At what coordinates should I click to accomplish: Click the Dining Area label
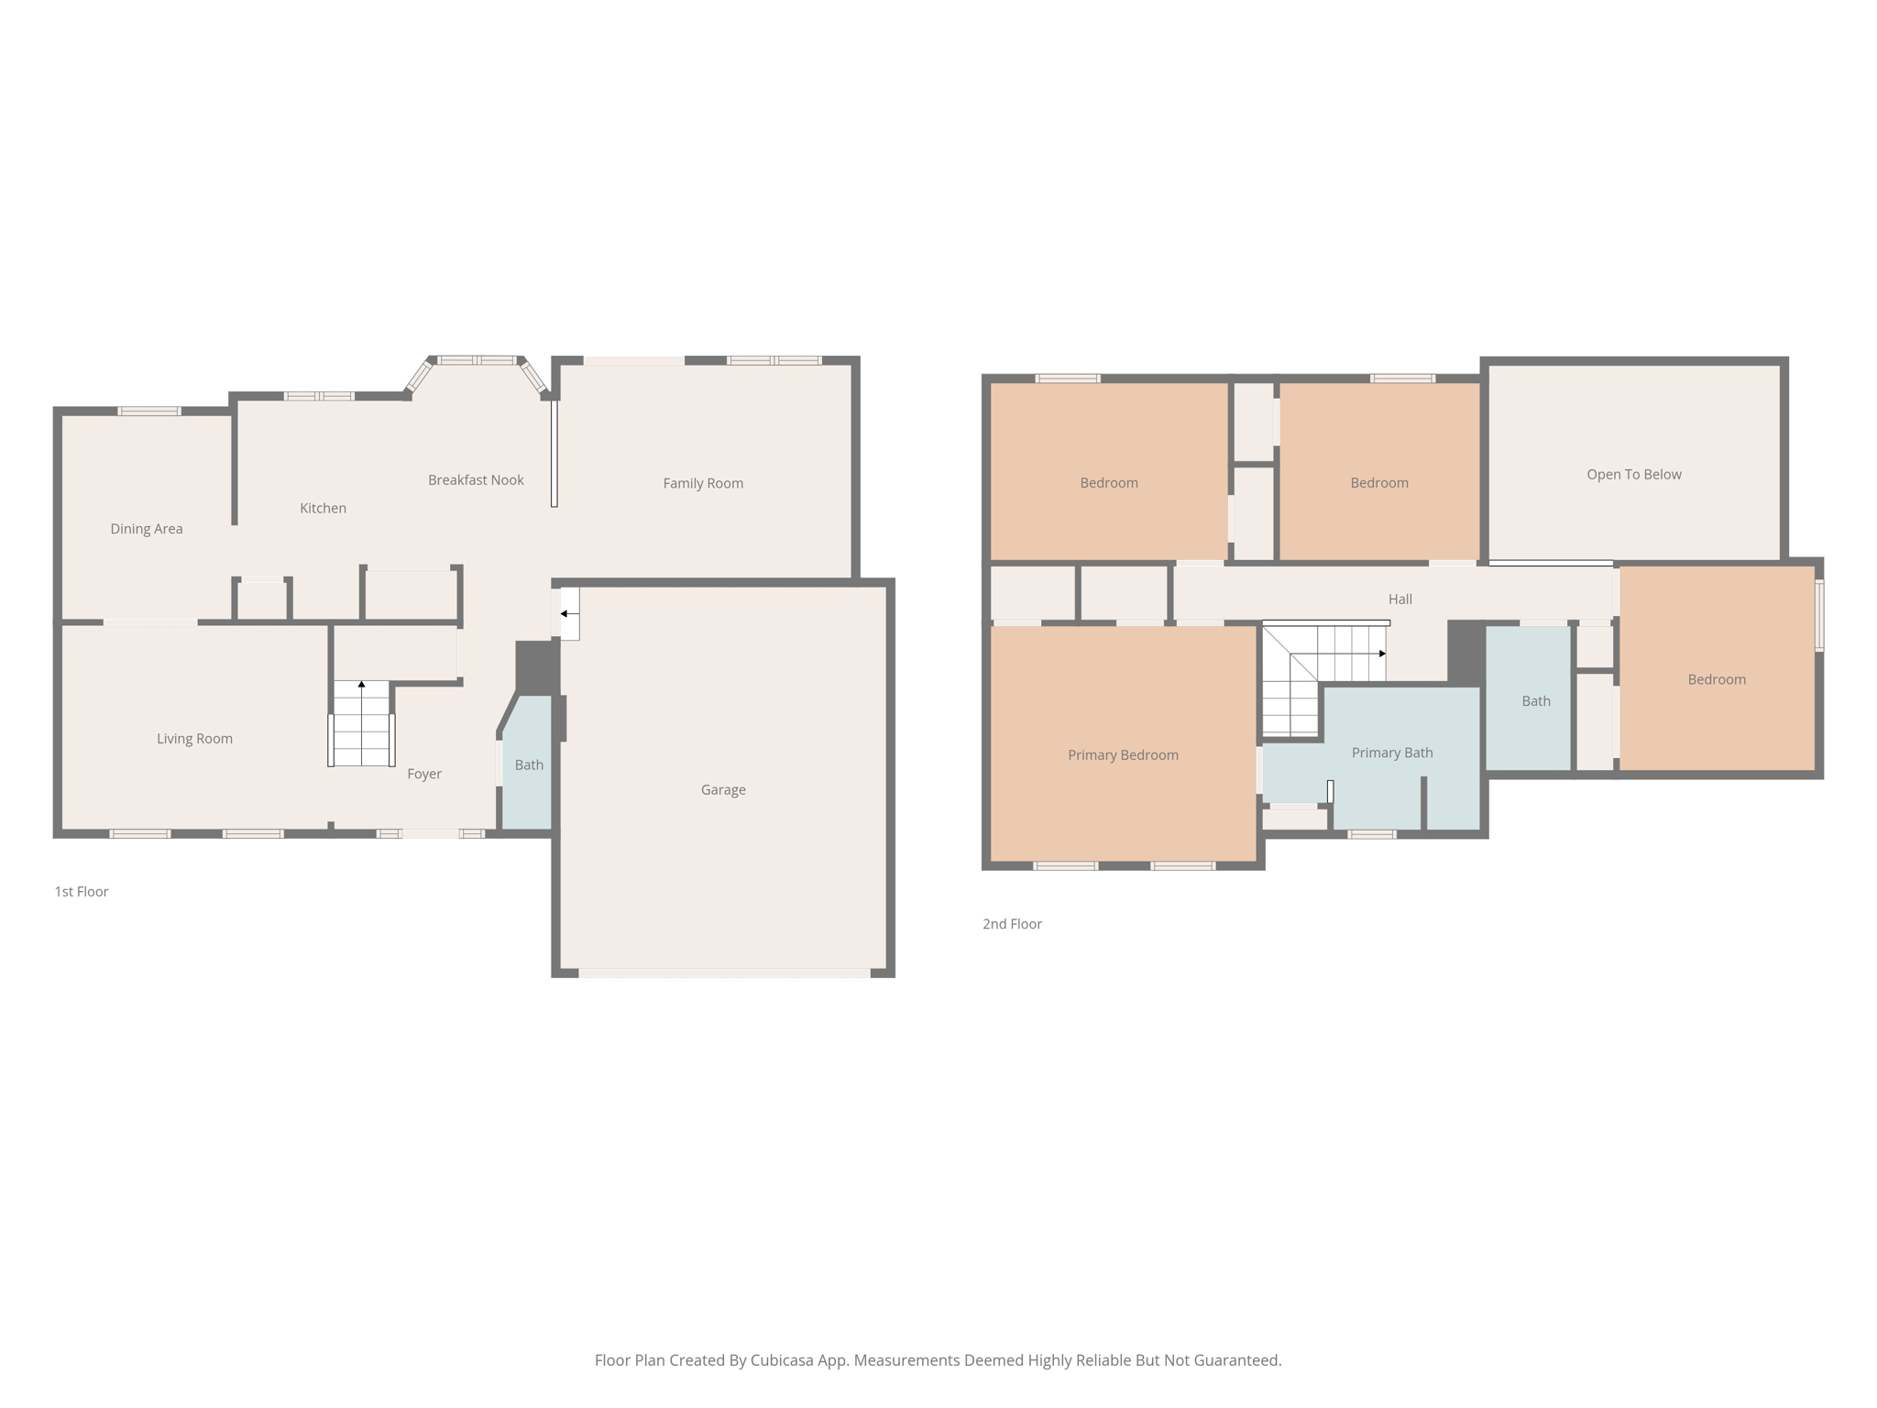tap(147, 529)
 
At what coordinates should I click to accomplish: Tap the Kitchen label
tap(324, 508)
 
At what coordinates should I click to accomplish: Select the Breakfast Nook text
tap(476, 479)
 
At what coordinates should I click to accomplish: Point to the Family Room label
tap(703, 483)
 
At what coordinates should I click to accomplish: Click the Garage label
tap(723, 789)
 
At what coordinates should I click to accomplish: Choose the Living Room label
tap(194, 739)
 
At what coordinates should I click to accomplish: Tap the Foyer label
tap(424, 774)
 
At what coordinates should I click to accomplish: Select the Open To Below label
tap(1634, 474)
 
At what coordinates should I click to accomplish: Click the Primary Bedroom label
tap(1123, 754)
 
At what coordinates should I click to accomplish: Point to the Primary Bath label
tap(1392, 753)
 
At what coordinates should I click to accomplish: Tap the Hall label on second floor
tap(1400, 599)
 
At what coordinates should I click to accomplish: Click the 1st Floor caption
tap(82, 891)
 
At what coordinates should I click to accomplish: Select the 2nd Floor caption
tap(1012, 924)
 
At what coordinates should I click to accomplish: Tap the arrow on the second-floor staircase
tap(1338, 654)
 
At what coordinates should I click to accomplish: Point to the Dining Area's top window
tap(148, 411)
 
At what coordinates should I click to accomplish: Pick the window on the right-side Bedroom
tap(1819, 615)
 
